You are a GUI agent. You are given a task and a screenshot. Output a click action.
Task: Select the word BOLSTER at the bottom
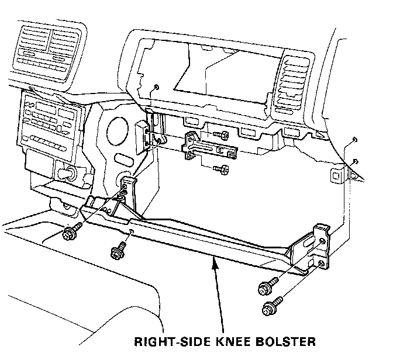pyautogui.click(x=285, y=341)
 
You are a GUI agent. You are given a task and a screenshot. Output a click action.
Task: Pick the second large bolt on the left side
pyautogui.click(x=116, y=252)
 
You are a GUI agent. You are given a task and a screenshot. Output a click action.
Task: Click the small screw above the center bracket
pyautogui.click(x=222, y=136)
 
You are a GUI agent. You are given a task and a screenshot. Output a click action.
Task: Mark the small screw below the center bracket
pyautogui.click(x=220, y=169)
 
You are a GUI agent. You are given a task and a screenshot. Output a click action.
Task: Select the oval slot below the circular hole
pyautogui.click(x=123, y=158)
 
